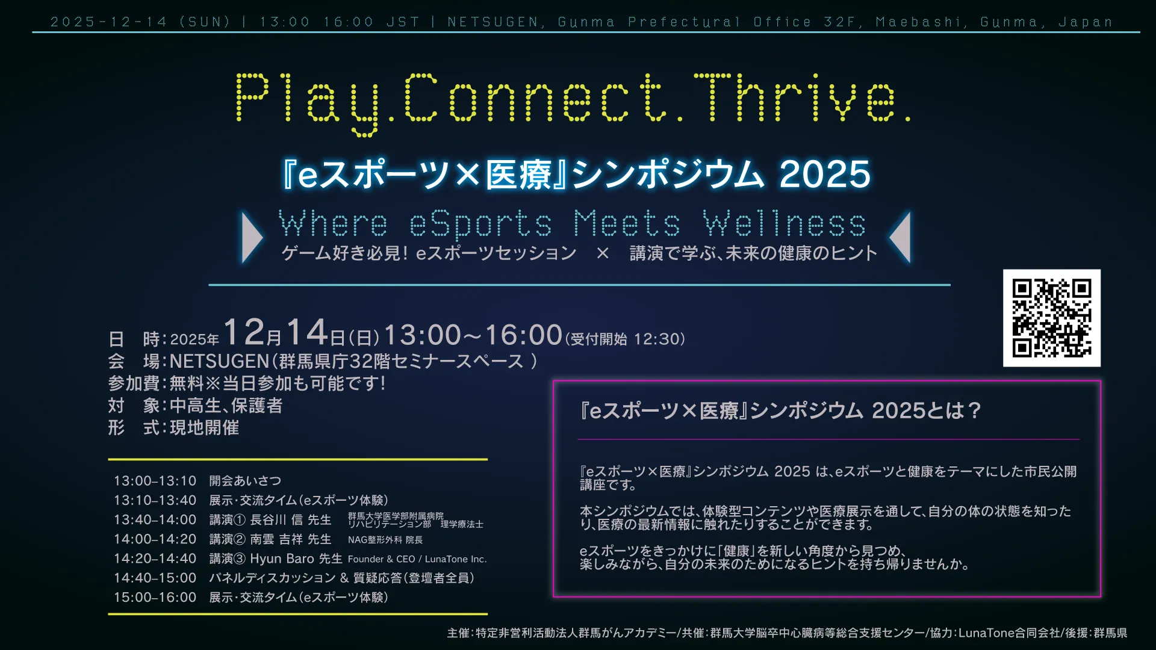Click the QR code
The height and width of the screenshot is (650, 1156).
(x=1052, y=318)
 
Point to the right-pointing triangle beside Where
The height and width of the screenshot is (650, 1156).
(x=252, y=237)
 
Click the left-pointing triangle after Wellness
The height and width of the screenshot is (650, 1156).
(x=900, y=237)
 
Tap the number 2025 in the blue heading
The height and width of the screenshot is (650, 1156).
(x=825, y=175)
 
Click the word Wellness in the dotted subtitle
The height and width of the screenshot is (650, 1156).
(x=785, y=223)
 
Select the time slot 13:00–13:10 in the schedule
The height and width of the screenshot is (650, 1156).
(x=155, y=481)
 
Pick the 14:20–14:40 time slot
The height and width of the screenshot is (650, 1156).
(x=155, y=559)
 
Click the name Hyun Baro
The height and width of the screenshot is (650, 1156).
(x=282, y=559)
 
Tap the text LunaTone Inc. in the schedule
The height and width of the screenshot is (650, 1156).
(x=456, y=559)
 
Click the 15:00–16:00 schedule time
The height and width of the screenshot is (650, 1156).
(x=155, y=597)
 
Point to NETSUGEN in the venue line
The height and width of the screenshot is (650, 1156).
(x=220, y=361)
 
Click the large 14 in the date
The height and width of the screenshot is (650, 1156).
(x=307, y=332)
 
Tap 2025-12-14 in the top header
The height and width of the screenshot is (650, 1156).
(x=108, y=22)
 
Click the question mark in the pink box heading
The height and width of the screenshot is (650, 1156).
(x=974, y=410)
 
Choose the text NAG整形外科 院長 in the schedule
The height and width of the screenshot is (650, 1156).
(x=385, y=540)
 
